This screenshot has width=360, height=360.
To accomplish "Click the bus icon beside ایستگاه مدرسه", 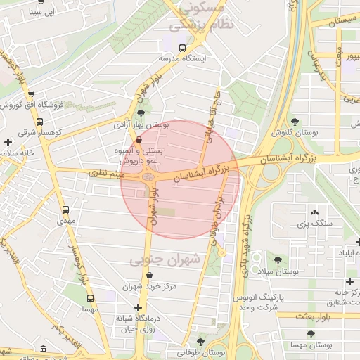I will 183,49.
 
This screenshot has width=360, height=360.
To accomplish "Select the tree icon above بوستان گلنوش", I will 295,122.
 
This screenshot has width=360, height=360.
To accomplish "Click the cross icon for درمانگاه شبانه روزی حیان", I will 139,308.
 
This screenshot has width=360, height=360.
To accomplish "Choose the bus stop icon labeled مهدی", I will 66,210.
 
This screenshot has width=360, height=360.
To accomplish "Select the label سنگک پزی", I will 312,224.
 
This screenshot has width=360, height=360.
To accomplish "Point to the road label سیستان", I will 335,22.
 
